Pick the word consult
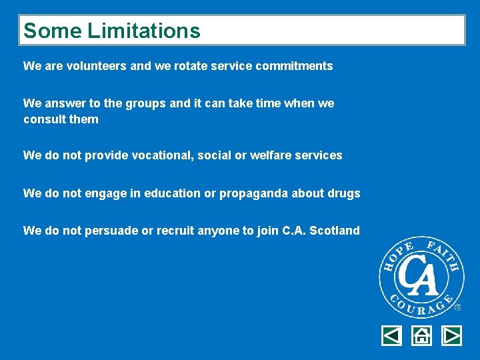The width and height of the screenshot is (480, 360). tap(42, 119)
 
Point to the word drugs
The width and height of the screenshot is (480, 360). tap(344, 193)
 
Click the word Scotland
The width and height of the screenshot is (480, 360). tap(336, 231)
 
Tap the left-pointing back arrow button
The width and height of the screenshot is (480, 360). tap(391, 335)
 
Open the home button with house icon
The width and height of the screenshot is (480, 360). tap(421, 335)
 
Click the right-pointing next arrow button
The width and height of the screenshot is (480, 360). tap(451, 335)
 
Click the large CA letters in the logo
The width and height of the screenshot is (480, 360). tap(421, 277)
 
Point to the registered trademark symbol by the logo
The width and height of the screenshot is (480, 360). tap(457, 307)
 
